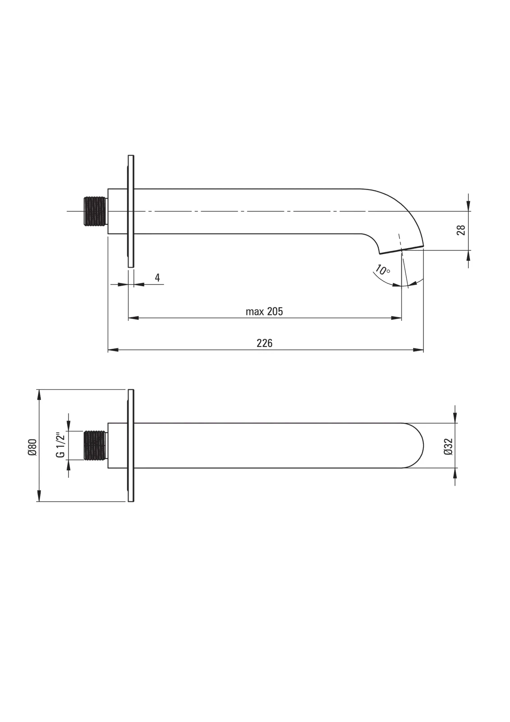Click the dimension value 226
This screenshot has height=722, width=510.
click(264, 343)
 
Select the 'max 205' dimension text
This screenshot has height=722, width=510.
click(264, 311)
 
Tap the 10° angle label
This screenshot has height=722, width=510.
click(382, 269)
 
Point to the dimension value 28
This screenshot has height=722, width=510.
click(461, 230)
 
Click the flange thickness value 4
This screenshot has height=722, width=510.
click(157, 278)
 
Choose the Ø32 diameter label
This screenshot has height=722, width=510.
click(448, 446)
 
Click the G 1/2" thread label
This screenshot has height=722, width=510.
click(60, 445)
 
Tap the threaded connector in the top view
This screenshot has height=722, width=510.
click(95, 211)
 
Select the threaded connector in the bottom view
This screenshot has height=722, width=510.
click(95, 445)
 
